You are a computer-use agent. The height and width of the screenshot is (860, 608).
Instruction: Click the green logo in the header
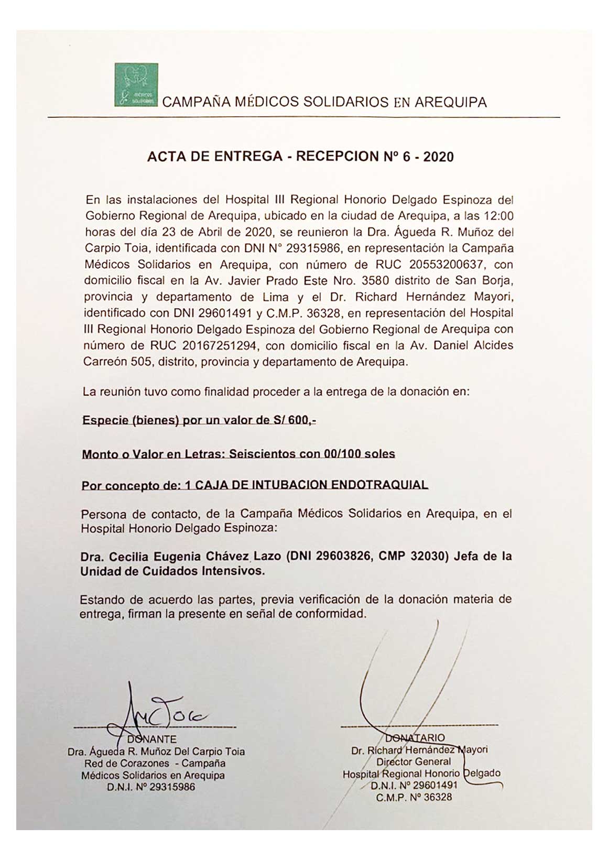pos(136,85)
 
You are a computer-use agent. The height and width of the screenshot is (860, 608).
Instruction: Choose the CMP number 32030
pos(428,556)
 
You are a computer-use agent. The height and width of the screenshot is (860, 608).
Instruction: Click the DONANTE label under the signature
pos(152,739)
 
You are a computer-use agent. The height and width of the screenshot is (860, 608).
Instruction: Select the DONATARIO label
pos(418,737)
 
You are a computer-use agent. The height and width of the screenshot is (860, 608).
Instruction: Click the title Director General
pos(414,761)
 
